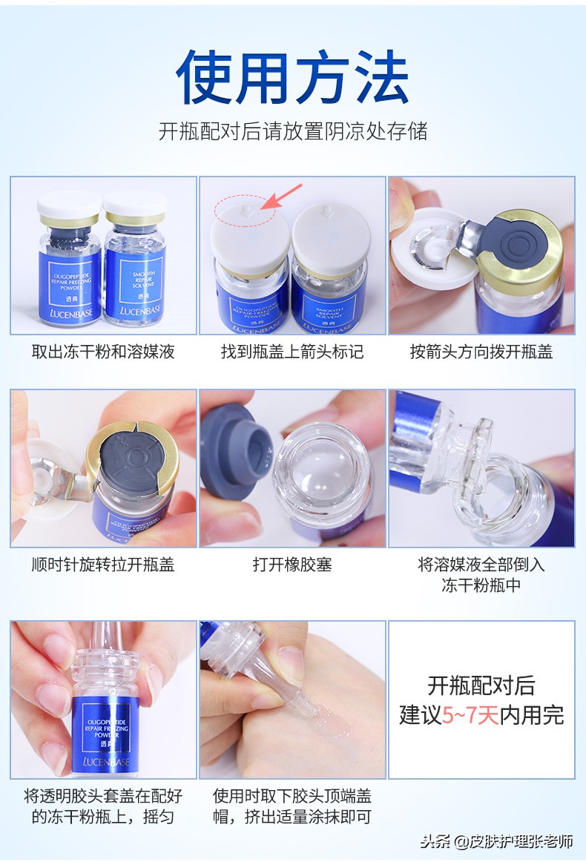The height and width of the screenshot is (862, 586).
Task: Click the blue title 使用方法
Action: tap(292, 77)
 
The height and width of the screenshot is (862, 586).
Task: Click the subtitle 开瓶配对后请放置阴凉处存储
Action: tap(292, 131)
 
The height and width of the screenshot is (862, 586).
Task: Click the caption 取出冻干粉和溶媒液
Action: tap(103, 352)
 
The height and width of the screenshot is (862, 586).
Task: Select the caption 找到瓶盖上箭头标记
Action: tap(292, 352)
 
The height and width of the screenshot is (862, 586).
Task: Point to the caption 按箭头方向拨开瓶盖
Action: tap(481, 352)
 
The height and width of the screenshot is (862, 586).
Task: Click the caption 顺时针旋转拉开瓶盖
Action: tap(103, 565)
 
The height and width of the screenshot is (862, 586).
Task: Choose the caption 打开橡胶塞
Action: tap(292, 565)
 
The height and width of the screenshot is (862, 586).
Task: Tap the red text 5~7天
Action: tap(471, 714)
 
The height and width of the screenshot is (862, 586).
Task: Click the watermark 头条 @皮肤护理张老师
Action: tap(496, 841)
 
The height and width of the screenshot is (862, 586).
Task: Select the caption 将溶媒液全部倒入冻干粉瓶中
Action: tap(481, 574)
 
